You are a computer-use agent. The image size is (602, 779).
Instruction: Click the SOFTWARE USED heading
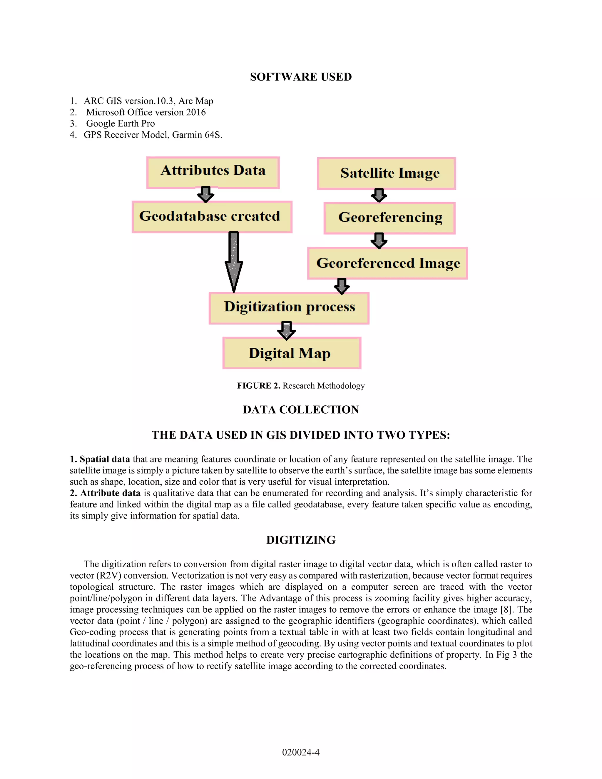tap(301, 77)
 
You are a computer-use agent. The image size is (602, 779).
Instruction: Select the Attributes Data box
tap(213, 172)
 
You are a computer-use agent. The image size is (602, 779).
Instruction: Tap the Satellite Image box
tap(387, 173)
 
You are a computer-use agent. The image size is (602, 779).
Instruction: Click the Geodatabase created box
tap(212, 217)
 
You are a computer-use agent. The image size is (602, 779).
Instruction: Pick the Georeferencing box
tap(389, 218)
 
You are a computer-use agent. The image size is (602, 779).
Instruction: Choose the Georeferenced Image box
tap(388, 263)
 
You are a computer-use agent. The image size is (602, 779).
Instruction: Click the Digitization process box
tap(289, 308)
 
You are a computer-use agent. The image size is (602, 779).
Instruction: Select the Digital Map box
tap(292, 353)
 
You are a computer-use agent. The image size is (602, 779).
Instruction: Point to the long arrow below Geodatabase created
tap(234, 262)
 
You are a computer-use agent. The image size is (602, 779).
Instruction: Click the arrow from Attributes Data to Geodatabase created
tap(206, 194)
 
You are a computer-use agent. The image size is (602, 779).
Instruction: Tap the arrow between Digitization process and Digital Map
tap(286, 330)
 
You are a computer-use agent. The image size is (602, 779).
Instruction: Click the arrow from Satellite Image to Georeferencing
tap(379, 195)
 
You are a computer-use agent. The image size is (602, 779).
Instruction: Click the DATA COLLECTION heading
tap(301, 409)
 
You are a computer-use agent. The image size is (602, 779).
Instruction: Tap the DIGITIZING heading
tap(301, 540)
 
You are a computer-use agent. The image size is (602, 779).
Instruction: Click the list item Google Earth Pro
tap(121, 123)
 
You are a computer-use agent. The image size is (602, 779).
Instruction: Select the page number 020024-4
tap(301, 752)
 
